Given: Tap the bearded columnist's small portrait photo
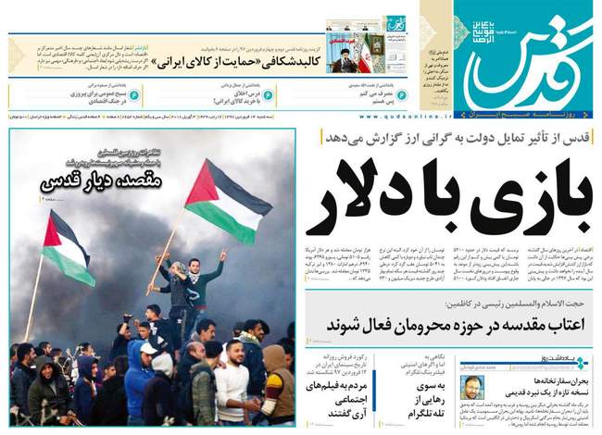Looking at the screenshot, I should (x=470, y=379).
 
